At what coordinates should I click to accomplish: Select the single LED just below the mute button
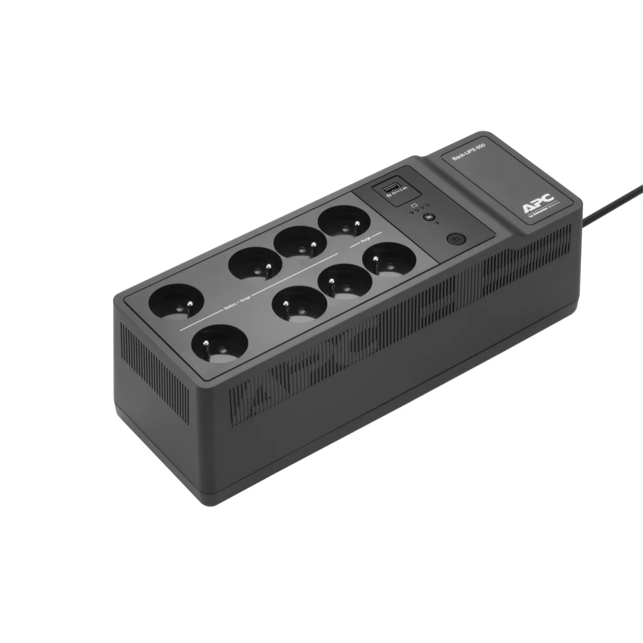pos(436,223)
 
